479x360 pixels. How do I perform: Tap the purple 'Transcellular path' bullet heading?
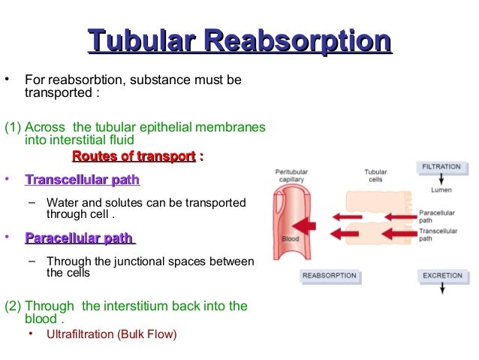(x=82, y=180)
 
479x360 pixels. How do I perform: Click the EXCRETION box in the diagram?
(x=442, y=276)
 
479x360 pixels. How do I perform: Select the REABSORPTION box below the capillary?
(x=329, y=276)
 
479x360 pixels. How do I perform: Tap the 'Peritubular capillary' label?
(x=293, y=176)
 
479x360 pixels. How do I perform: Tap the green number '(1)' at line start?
(x=13, y=126)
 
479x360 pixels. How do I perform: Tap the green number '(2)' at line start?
(x=13, y=306)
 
